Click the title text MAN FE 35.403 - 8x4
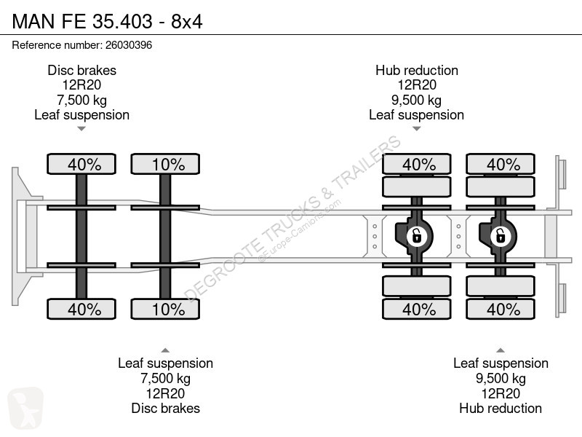pyautogui.click(x=107, y=21)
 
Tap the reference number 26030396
pyautogui.click(x=129, y=45)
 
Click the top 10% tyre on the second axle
pyautogui.click(x=165, y=164)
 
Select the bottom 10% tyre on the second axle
pyautogui.click(x=165, y=309)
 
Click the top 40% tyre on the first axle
pyautogui.click(x=81, y=164)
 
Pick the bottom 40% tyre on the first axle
pyautogui.click(x=81, y=309)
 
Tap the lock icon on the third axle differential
pyautogui.click(x=416, y=236)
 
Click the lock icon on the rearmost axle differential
pyautogui.click(x=501, y=236)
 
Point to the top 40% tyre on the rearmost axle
pyautogui.click(x=501, y=164)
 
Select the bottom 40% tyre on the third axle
pyautogui.click(x=416, y=309)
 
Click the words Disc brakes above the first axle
pyautogui.click(x=81, y=70)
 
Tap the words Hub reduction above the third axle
pyautogui.click(x=417, y=70)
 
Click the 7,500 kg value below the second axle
pyautogui.click(x=165, y=379)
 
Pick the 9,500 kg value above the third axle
pyautogui.click(x=416, y=101)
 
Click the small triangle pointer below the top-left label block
pyautogui.click(x=81, y=129)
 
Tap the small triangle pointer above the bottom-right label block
pyautogui.click(x=501, y=350)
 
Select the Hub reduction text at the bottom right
pyautogui.click(x=501, y=408)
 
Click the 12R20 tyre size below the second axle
pyautogui.click(x=165, y=393)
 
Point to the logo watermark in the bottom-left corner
pyautogui.click(x=25, y=407)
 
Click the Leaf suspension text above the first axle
pyautogui.click(x=81, y=115)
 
